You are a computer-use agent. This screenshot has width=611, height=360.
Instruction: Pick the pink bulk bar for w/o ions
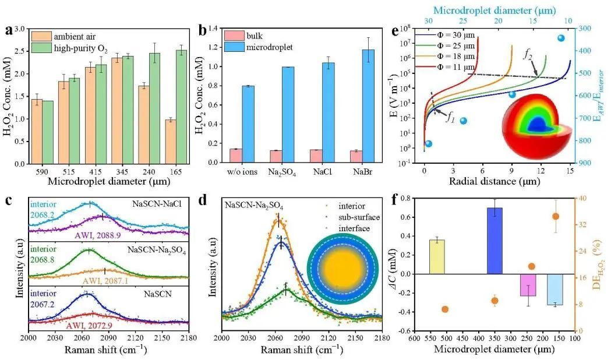(219, 157)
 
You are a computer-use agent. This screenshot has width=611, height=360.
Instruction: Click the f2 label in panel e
(528, 56)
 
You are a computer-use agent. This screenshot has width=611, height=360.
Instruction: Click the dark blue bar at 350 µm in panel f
(495, 241)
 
